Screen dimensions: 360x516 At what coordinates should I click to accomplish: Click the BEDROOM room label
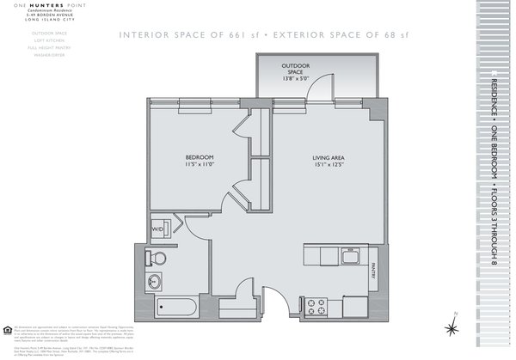click(200, 157)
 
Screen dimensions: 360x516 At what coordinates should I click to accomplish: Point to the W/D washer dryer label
click(158, 230)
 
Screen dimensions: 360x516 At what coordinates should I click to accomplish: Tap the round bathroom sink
click(157, 281)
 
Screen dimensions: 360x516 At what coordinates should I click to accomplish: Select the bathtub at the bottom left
click(178, 307)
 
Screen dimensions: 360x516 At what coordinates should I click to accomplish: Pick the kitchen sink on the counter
click(349, 256)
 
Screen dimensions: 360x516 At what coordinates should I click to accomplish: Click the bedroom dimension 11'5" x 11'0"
click(200, 165)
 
